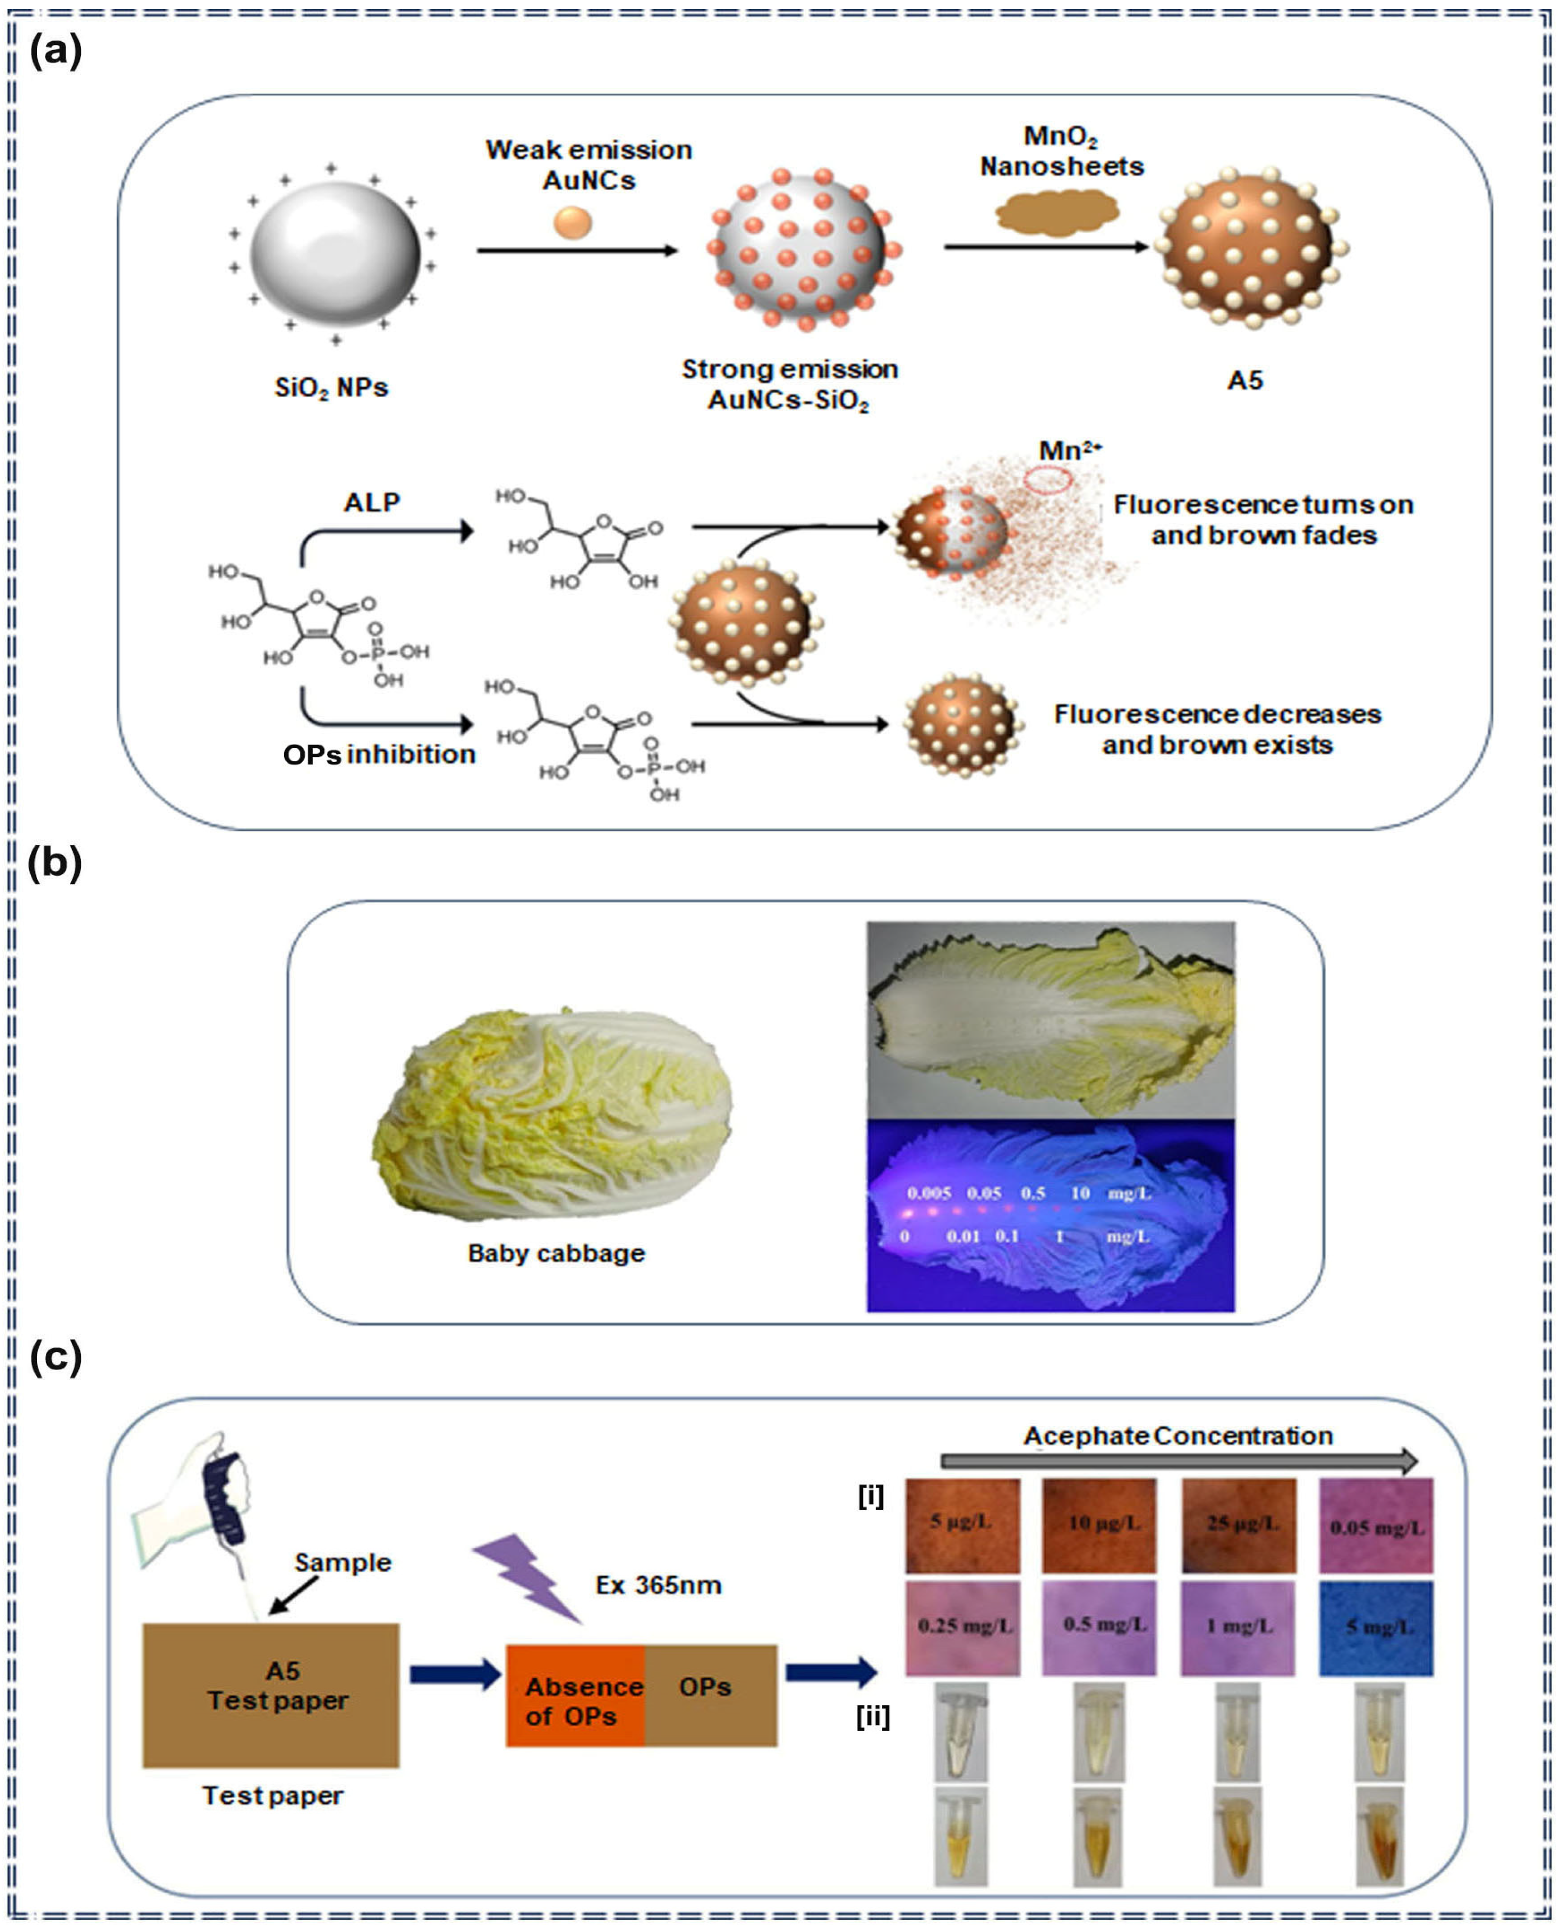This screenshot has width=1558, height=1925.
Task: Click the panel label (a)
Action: tap(55, 52)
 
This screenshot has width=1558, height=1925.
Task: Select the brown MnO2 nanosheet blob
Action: tap(1057, 214)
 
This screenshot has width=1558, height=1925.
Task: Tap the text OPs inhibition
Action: tap(379, 754)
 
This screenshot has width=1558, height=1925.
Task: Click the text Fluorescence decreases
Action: tap(1217, 714)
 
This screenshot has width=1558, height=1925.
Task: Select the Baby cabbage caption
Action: tap(555, 1253)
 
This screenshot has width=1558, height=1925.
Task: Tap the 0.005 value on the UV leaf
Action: tap(928, 1194)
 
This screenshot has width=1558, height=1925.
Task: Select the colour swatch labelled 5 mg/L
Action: tap(1375, 1628)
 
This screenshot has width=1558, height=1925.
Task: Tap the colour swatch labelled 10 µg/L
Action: tap(1099, 1524)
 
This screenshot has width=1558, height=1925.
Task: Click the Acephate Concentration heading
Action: tap(1178, 1436)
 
